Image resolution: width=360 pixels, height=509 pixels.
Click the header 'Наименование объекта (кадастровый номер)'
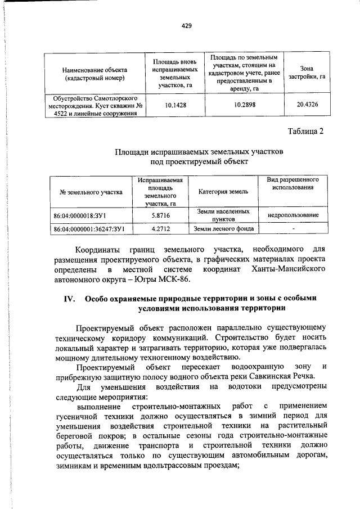pyautogui.click(x=94, y=73)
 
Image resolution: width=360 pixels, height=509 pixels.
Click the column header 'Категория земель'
pyautogui.click(x=223, y=192)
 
